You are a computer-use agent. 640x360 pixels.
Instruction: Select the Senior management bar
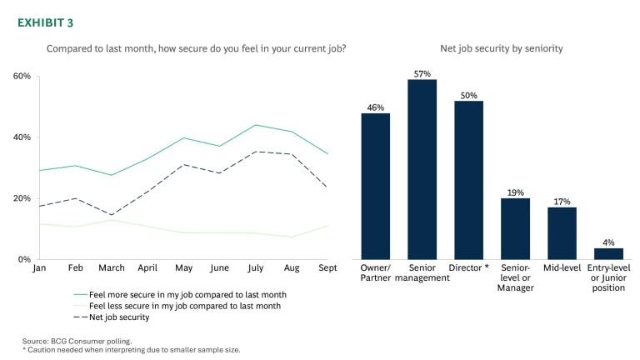click(422, 169)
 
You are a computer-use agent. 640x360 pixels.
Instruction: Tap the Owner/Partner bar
click(375, 186)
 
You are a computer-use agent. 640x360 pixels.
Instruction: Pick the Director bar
click(468, 180)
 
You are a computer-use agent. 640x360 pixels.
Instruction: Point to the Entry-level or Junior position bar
click(608, 253)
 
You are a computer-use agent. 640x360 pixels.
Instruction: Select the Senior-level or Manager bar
click(515, 228)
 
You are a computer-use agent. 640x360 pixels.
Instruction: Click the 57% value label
click(422, 72)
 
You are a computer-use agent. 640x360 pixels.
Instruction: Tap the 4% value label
click(608, 242)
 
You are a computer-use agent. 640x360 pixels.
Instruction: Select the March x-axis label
click(112, 268)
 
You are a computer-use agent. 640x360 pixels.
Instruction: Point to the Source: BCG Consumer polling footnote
click(77, 341)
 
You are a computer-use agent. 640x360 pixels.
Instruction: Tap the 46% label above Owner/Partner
click(375, 107)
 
